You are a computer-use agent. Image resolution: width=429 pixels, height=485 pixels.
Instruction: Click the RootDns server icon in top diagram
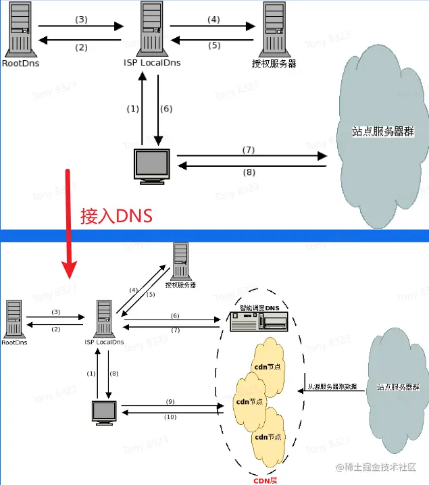point(20,30)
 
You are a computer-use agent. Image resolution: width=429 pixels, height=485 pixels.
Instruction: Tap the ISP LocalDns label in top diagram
point(151,63)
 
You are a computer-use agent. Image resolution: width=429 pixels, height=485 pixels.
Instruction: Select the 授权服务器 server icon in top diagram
point(274,28)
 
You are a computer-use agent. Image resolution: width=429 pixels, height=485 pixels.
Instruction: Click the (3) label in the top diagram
point(82,20)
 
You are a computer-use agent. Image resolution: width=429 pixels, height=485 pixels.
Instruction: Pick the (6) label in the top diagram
point(167,108)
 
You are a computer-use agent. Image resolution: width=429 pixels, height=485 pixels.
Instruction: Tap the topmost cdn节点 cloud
point(266,365)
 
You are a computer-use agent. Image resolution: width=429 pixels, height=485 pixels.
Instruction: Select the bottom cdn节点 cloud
point(267,436)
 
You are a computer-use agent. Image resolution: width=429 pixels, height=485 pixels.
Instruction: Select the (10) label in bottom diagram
point(171,417)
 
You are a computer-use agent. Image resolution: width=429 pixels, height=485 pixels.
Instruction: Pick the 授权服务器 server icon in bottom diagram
point(180,262)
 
